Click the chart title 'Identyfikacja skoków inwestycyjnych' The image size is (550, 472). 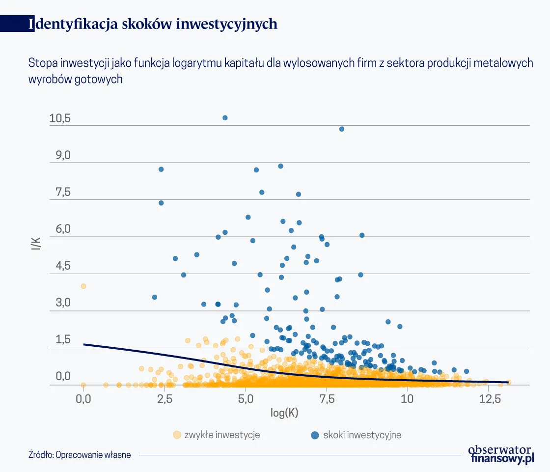click(153, 24)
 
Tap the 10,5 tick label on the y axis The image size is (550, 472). click(60, 118)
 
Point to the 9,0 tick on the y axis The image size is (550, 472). click(60, 155)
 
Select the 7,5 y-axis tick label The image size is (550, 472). click(60, 192)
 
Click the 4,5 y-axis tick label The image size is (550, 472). click(60, 266)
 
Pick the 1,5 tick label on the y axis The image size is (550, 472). click(60, 340)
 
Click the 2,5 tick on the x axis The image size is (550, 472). click(165, 399)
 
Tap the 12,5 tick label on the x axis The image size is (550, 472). click(488, 399)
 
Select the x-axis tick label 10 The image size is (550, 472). click(407, 399)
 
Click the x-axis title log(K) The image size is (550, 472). click(284, 413)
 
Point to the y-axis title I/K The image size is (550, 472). click(36, 245)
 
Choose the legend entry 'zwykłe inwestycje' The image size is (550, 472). click(221, 435)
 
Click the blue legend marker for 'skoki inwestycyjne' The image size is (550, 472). click(315, 435)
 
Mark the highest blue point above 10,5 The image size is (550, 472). click(225, 118)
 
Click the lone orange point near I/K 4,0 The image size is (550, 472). click(83, 286)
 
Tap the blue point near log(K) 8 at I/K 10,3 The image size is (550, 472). click(342, 129)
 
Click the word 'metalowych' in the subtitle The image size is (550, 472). click(509, 63)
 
